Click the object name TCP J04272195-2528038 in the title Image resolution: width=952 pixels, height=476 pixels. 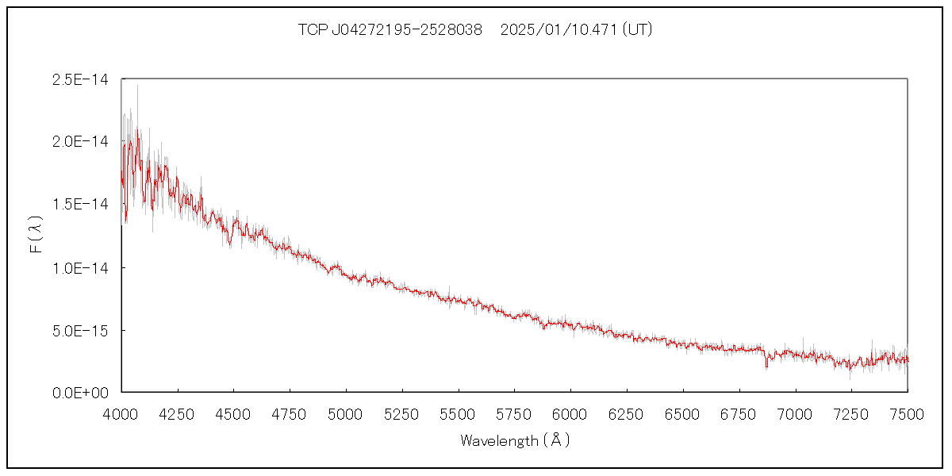[390, 30]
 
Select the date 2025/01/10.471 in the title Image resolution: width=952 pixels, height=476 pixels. [559, 30]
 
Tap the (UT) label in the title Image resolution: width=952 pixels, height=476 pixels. [638, 30]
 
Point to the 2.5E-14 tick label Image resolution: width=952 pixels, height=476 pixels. [79, 79]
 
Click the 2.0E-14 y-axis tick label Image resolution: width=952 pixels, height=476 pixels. [79, 141]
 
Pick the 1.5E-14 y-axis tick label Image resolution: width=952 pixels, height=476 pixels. [79, 204]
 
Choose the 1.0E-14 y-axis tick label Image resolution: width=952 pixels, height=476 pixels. [79, 267]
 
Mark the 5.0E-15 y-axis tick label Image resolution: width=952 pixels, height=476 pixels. [79, 330]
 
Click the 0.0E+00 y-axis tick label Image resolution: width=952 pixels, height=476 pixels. [79, 393]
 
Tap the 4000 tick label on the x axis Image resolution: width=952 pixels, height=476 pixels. [121, 413]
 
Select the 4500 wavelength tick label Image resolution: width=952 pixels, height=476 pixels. [233, 413]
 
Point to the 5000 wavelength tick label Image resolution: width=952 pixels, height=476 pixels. [346, 413]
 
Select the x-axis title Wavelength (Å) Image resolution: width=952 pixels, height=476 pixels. [515, 440]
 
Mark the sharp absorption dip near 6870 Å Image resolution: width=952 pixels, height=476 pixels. [766, 364]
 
